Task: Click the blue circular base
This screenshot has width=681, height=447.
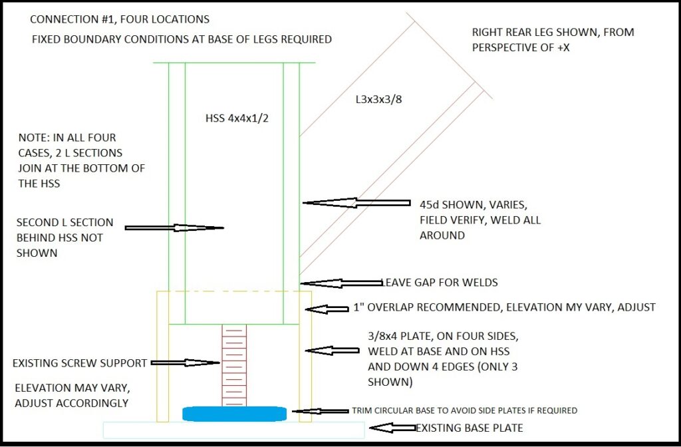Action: [234, 414]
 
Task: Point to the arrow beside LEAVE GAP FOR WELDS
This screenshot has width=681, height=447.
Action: [339, 283]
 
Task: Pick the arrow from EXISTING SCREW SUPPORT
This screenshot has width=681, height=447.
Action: [187, 363]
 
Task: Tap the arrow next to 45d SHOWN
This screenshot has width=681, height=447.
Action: [356, 202]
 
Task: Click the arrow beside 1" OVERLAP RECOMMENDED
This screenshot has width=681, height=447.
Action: [327, 309]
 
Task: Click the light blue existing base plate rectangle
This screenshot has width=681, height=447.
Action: [233, 430]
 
